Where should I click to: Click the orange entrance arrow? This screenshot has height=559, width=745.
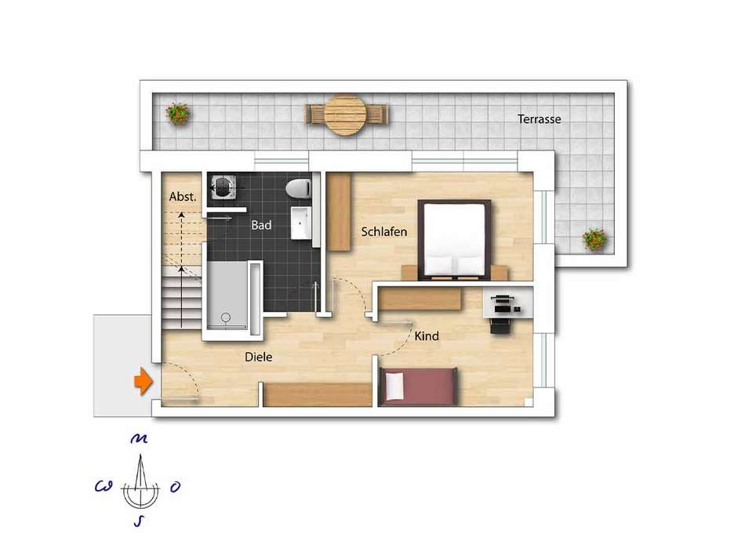click(143, 381)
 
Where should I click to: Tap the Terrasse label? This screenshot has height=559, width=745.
click(539, 118)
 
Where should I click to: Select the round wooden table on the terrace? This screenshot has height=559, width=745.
click(347, 114)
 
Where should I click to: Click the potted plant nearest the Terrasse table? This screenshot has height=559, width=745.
click(178, 114)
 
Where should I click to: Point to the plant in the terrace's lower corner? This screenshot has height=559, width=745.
click(595, 239)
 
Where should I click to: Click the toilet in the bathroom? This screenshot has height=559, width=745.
click(298, 189)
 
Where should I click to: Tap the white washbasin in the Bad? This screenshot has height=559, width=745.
click(301, 223)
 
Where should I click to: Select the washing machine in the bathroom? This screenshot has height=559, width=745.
click(223, 187)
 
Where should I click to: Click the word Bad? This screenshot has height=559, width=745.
click(261, 225)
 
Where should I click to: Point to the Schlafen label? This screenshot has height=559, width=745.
click(384, 232)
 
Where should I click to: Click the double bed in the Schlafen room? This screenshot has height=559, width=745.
click(454, 239)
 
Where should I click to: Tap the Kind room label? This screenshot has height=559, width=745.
click(427, 336)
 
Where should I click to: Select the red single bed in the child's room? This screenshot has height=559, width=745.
click(419, 386)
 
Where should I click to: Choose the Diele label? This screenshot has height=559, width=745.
click(259, 357)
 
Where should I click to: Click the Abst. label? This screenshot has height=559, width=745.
click(183, 197)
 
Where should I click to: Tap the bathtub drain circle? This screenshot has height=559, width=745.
click(226, 318)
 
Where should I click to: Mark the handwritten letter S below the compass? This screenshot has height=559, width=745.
click(138, 521)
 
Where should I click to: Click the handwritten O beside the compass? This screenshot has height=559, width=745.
click(175, 487)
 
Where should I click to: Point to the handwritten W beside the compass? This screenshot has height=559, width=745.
click(104, 486)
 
